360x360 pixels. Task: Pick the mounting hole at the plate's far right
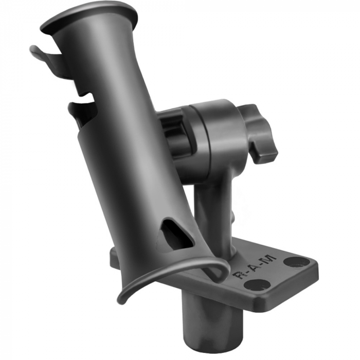[297, 262]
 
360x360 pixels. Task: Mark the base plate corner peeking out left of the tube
[114, 256]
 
